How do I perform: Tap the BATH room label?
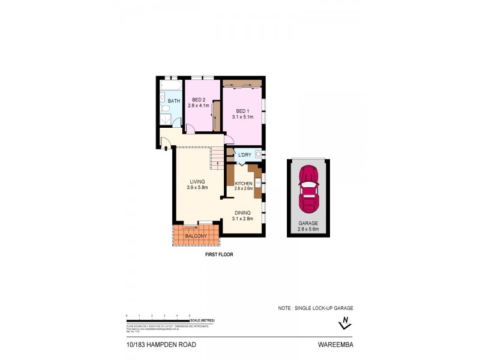173,101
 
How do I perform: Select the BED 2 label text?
197,100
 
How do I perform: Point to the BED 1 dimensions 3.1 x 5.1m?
242,117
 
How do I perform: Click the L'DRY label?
244,155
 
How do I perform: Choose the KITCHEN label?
244,182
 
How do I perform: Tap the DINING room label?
242,212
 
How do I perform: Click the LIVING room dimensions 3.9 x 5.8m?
197,188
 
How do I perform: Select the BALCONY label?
196,236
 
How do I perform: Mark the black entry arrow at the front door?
166,146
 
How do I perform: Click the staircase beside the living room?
217,159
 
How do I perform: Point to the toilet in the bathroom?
165,109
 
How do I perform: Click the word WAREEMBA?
335,345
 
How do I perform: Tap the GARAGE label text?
308,223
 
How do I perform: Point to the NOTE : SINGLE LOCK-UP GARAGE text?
315,308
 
